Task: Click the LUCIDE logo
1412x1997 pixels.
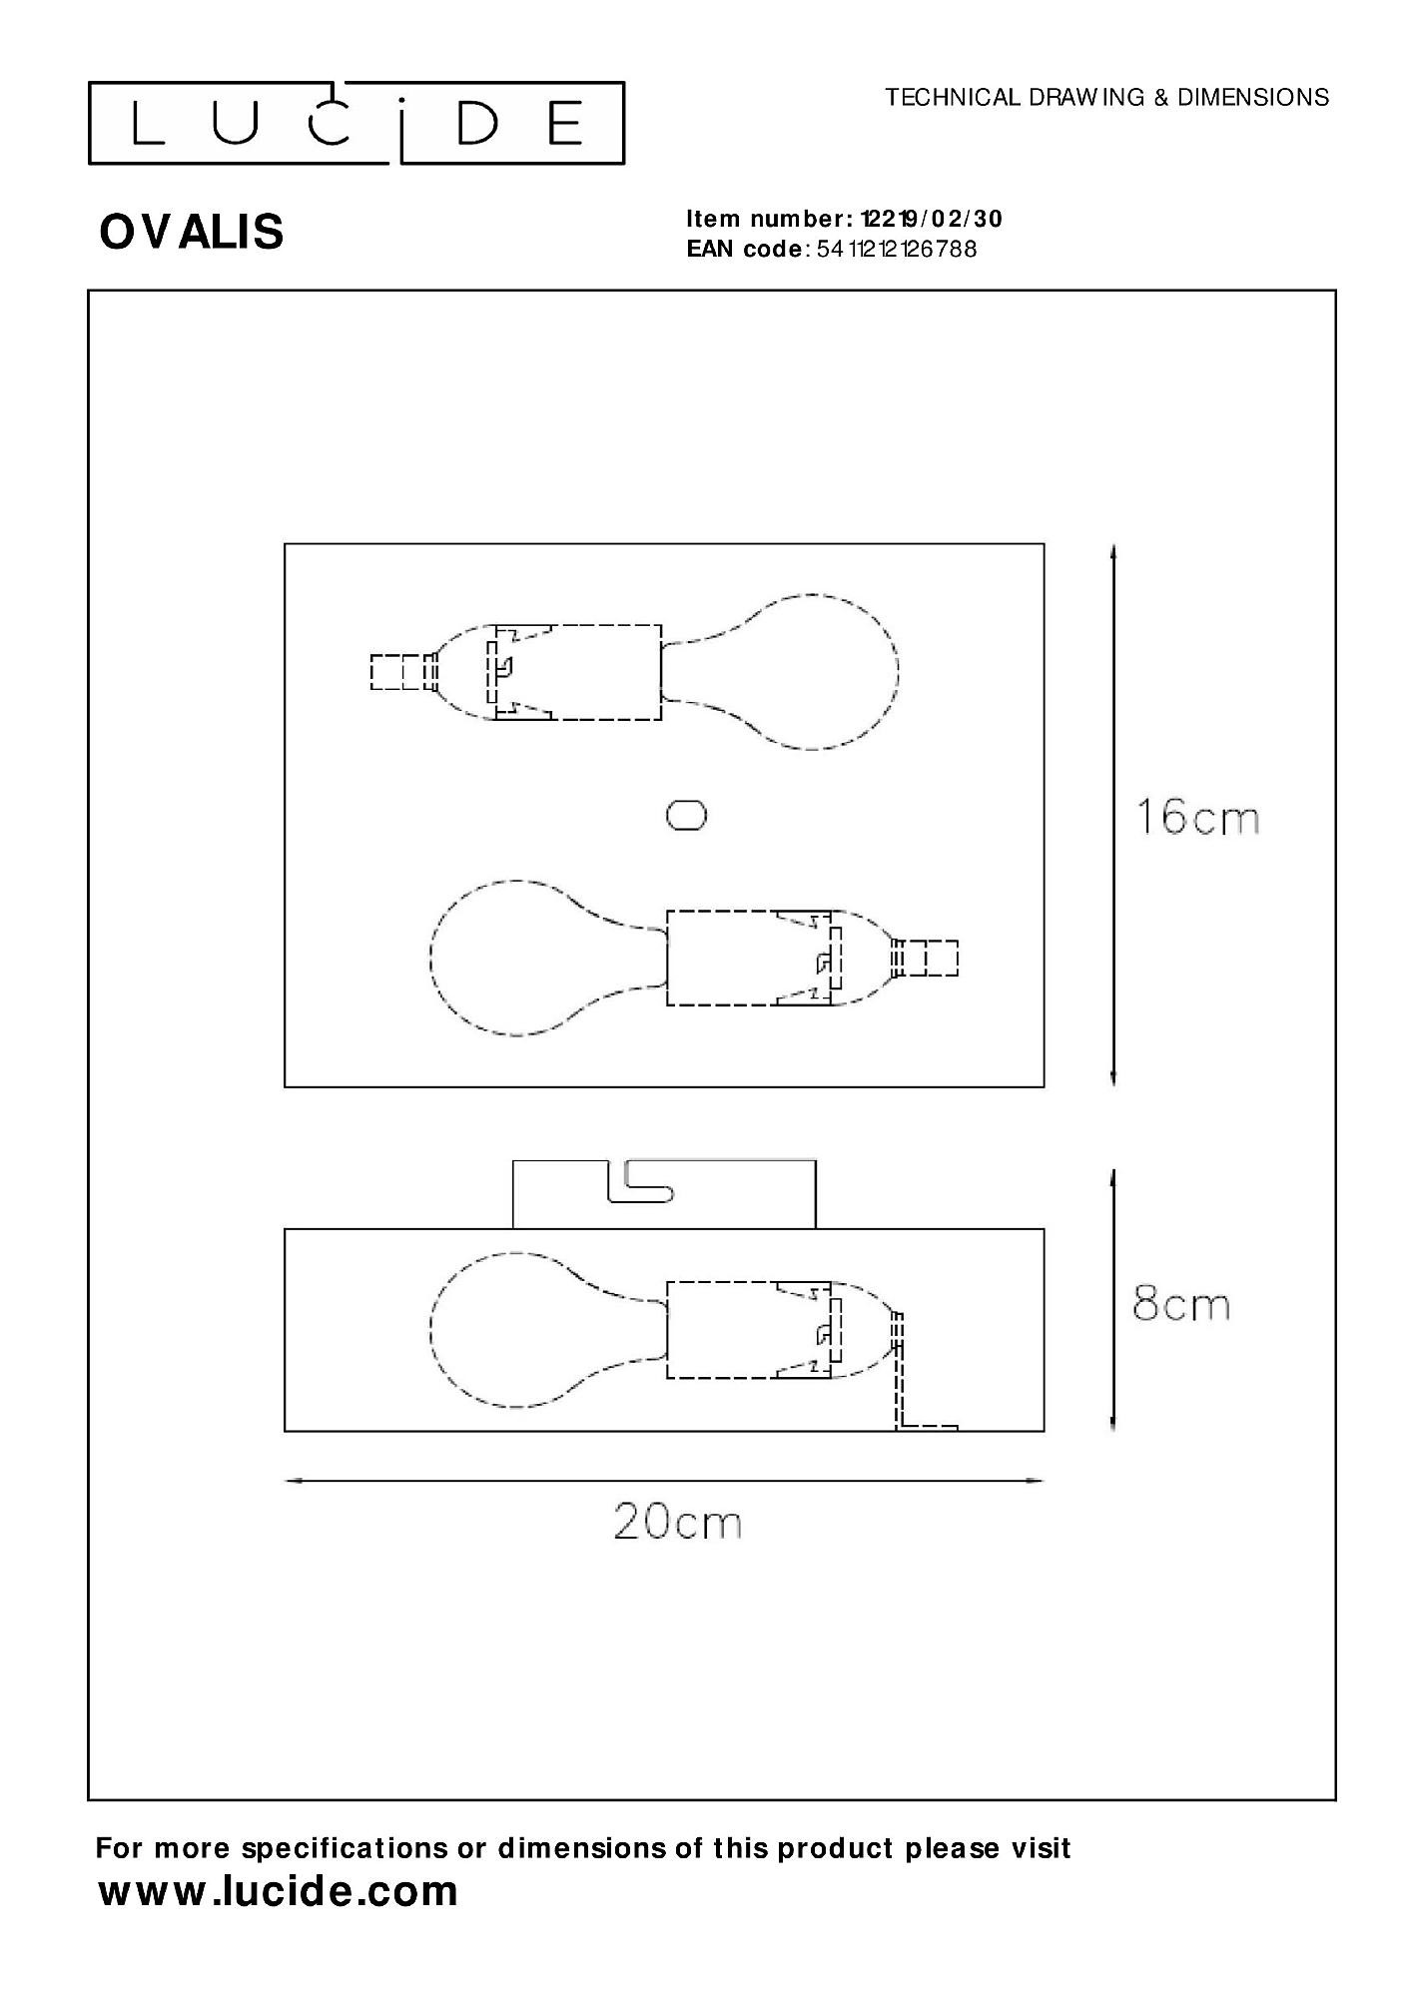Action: [356, 124]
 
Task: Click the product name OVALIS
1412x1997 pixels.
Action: [192, 232]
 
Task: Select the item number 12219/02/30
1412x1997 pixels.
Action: [931, 219]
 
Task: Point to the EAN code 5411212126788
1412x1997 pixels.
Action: [896, 250]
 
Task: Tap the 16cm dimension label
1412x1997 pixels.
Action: [1197, 818]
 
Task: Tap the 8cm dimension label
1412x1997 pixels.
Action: [1180, 1305]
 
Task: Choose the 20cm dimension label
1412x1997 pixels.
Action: [677, 1523]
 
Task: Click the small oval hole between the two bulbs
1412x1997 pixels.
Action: [687, 816]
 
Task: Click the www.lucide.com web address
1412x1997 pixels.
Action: [278, 1892]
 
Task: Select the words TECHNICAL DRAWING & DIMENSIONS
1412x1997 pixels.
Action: [1106, 98]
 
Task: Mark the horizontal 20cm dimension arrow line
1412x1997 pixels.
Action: [664, 1481]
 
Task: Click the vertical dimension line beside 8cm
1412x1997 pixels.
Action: [1113, 1301]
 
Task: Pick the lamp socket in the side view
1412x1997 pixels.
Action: [749, 1329]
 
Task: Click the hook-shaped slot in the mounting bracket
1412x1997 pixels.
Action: [639, 1185]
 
